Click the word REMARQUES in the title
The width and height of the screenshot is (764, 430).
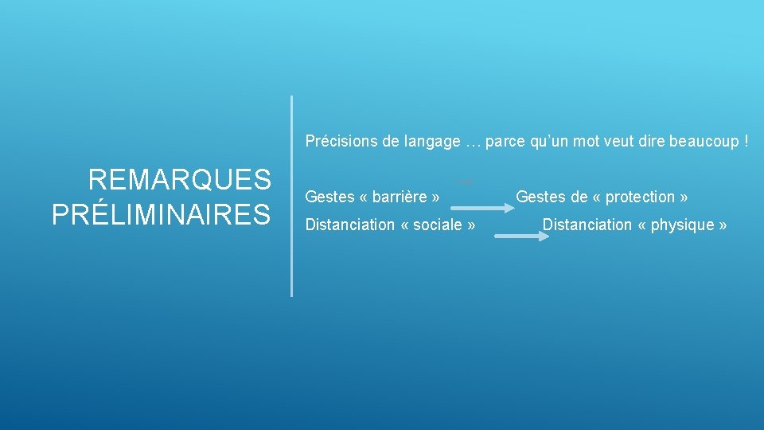tap(180, 180)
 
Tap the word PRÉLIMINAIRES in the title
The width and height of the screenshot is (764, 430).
tap(162, 214)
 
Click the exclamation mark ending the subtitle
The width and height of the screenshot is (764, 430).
tap(746, 142)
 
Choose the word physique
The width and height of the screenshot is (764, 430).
tap(682, 225)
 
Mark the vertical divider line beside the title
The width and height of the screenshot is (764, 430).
tap(292, 196)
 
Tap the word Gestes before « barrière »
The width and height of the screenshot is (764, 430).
tap(329, 197)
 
